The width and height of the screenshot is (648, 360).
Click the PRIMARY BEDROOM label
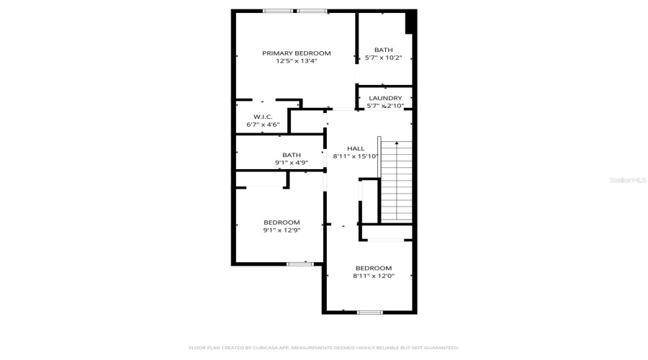[x=296, y=53]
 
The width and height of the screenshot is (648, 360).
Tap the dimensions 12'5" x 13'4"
[x=296, y=61]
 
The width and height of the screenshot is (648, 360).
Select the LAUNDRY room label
[x=385, y=99]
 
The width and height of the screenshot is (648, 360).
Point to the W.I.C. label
[x=262, y=117]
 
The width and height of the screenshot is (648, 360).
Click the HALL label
[x=356, y=148]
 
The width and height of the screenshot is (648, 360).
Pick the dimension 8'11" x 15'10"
[x=356, y=156]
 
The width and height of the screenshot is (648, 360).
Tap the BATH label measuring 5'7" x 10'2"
[x=384, y=50]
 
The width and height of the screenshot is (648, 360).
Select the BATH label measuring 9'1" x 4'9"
[x=292, y=155]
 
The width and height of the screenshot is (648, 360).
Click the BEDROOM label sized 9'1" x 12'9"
[x=282, y=222]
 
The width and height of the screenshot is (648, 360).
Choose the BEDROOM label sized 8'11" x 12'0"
[x=373, y=268]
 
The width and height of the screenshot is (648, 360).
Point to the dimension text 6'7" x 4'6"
[x=262, y=125]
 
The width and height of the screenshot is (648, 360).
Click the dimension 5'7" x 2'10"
[x=385, y=107]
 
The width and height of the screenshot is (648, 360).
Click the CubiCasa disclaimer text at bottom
[x=323, y=348]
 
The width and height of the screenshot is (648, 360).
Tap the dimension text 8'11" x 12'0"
[x=373, y=276]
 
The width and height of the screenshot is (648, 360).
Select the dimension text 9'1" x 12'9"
[x=282, y=230]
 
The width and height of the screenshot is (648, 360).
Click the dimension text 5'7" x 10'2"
[x=384, y=58]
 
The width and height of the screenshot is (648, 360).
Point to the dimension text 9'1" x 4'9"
[x=292, y=163]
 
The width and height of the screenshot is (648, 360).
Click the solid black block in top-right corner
[x=411, y=22]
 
